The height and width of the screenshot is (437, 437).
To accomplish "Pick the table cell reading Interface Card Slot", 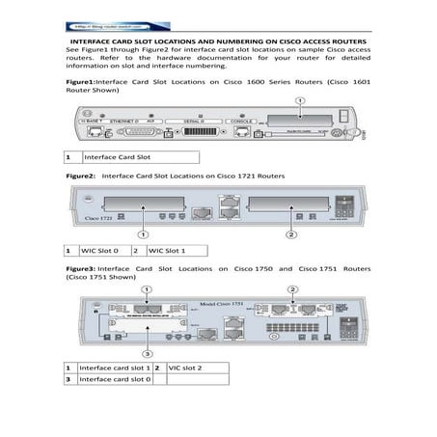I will click(x=139, y=155).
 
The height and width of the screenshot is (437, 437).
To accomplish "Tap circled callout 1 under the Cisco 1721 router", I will click(x=143, y=234).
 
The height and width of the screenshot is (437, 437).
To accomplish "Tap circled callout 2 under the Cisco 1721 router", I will click(x=291, y=234).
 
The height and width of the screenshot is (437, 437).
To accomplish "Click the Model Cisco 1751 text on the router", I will click(x=222, y=302).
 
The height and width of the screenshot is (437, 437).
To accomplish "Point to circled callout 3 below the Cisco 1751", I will click(x=146, y=354).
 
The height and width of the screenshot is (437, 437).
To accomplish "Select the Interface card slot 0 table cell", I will click(x=114, y=380).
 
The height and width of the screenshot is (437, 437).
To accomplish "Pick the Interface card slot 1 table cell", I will click(x=114, y=368).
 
